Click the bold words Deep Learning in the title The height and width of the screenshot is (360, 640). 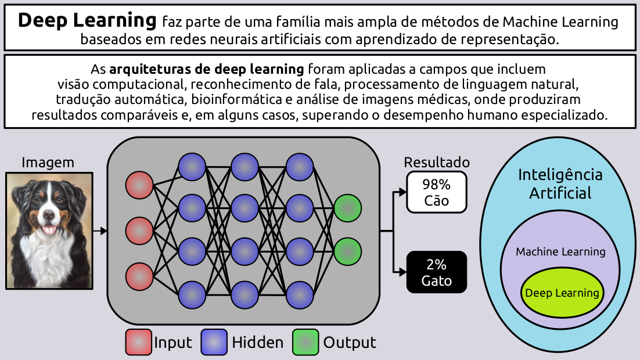coord(87,21)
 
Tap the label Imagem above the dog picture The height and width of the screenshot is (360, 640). coord(48,163)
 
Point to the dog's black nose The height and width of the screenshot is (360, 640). coord(48,215)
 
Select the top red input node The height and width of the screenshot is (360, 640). coord(139,186)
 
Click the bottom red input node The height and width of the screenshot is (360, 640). coord(139,276)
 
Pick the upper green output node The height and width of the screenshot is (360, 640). coord(348,208)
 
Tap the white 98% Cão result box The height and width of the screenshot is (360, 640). coord(437,192)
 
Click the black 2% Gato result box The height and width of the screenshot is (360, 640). coord(437,272)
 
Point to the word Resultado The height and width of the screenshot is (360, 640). coord(437,163)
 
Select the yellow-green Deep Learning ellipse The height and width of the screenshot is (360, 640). coord(562,293)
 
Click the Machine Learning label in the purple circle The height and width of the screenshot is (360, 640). coord(560,252)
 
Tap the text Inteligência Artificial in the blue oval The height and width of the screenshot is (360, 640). coord(560,183)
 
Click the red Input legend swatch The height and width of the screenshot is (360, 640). coord(139,343)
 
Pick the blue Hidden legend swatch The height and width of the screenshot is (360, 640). coord(214,343)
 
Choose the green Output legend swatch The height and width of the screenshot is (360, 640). coord(305,343)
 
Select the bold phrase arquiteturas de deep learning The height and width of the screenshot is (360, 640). coord(207,69)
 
